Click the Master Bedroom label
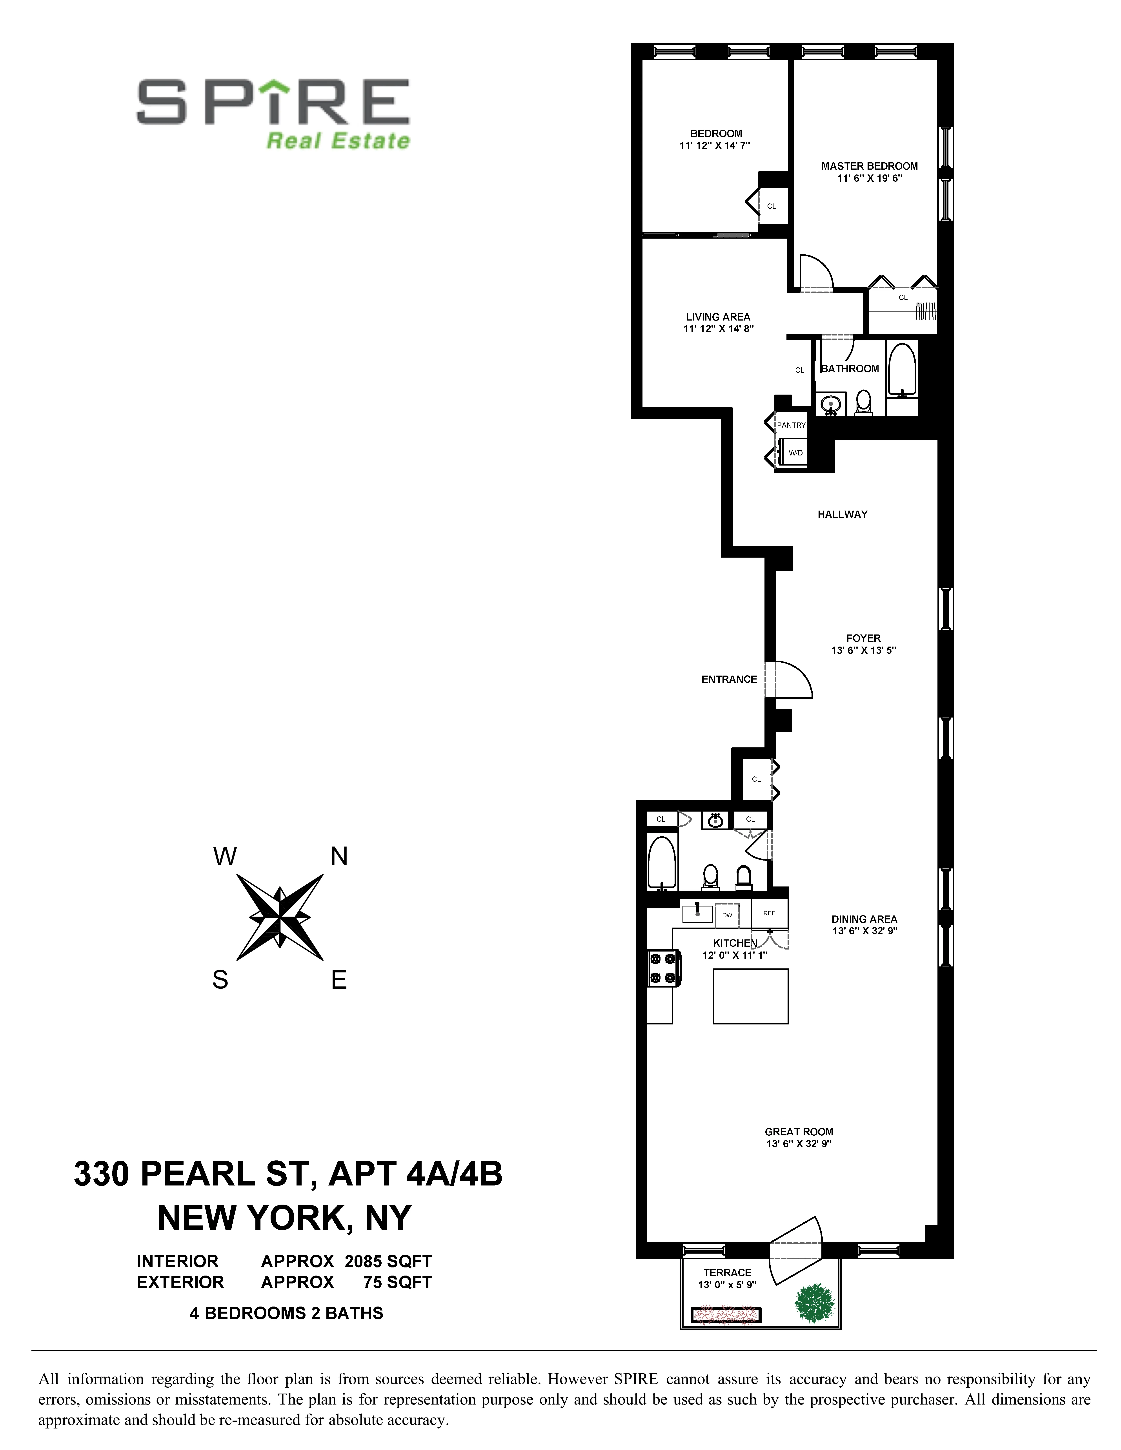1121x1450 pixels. (869, 166)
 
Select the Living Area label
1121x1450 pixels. (718, 317)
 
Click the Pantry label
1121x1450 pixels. (791, 425)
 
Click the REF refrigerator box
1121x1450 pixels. (769, 913)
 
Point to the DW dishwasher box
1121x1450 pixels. (727, 915)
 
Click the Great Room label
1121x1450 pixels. (798, 1131)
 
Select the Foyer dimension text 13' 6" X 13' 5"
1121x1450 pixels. (863, 651)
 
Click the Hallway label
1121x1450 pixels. (842, 514)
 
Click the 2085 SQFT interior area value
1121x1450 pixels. (388, 1261)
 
